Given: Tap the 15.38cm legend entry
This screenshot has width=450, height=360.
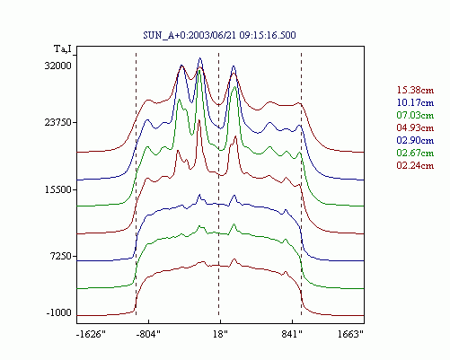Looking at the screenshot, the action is point(415,90).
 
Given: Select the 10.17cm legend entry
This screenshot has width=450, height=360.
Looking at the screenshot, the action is point(415,102).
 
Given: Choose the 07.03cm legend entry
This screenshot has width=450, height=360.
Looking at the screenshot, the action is point(415,115).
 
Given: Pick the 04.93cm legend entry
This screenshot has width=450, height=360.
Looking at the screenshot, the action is point(415,127).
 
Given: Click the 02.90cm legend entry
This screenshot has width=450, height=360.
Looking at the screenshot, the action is point(415,140).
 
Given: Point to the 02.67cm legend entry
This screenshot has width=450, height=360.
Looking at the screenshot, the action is point(415,153).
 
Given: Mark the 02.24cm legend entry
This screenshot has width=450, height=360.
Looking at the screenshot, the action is point(415,165).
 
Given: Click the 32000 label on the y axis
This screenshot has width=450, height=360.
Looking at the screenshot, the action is point(58,66).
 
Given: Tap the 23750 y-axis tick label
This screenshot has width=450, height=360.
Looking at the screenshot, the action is point(58,122).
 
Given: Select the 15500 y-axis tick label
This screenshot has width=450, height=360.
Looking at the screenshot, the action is point(58,189).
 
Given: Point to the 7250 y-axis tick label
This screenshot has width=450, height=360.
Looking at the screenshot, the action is point(61,256).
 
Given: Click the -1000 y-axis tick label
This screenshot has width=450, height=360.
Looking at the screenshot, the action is point(59,312).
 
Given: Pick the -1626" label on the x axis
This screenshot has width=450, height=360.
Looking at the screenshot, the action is point(92,334).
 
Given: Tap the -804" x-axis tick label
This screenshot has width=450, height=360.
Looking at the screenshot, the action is point(148,334).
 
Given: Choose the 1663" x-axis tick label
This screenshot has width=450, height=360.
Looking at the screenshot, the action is point(350,334).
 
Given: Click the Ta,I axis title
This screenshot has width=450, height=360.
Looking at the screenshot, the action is point(63,48).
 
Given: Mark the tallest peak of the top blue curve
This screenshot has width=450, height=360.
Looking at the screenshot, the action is point(200,58).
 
